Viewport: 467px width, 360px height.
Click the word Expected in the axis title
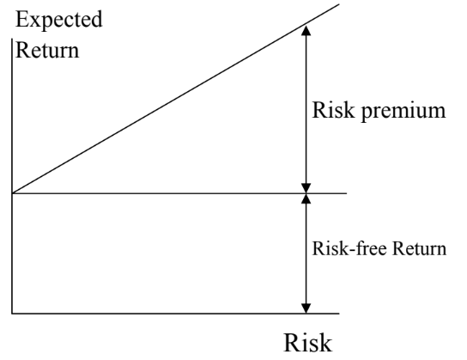coord(58,21)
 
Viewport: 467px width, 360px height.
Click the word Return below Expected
coord(47,50)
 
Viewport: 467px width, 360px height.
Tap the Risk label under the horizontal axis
coord(308,343)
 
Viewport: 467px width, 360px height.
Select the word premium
coord(403,112)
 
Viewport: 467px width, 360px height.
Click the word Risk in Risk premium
coord(333,109)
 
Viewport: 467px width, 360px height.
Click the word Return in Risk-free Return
coord(419,248)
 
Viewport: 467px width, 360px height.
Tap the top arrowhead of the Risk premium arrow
coord(306,30)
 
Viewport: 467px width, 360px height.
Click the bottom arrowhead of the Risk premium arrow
coord(306,188)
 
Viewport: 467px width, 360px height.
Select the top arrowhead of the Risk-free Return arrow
coord(306,198)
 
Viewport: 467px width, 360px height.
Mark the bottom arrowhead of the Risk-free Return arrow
coord(306,308)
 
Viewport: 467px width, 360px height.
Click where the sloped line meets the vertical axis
coord(12,193)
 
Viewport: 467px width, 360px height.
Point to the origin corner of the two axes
coord(12,314)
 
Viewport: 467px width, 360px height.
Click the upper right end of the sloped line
coord(339,4)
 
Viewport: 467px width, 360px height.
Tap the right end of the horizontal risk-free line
coord(347,193)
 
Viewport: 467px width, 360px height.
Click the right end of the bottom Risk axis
coord(339,314)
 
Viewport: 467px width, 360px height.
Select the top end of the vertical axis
coord(12,39)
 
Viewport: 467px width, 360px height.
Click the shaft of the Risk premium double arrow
coord(306,109)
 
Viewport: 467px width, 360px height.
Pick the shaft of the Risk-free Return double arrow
coord(306,253)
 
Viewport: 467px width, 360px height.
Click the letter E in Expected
coord(21,19)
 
